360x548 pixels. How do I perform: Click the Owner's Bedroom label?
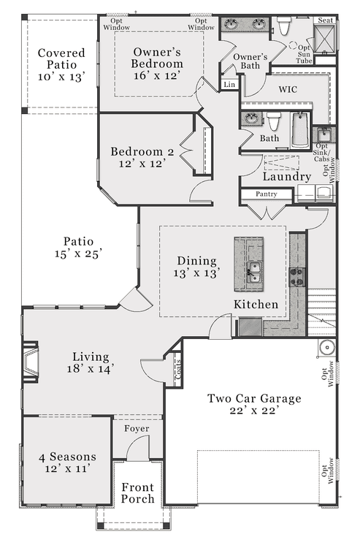click(x=157, y=64)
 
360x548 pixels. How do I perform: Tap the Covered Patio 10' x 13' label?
click(x=61, y=64)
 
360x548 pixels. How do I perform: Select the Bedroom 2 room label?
click(x=142, y=157)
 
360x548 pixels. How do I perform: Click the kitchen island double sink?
click(x=254, y=272)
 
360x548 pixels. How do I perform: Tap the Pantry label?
click(x=267, y=194)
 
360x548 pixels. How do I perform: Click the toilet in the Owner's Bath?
click(x=283, y=26)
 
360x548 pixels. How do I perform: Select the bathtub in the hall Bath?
click(x=300, y=129)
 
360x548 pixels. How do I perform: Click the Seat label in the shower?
click(x=326, y=20)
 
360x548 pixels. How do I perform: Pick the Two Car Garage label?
click(x=254, y=404)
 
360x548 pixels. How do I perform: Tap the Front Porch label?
click(x=137, y=492)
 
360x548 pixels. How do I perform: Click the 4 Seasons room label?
click(x=68, y=462)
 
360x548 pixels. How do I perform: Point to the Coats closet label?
click(x=178, y=370)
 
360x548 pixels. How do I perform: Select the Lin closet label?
click(x=229, y=85)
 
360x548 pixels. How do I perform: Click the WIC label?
click(x=288, y=89)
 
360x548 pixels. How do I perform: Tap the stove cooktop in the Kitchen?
click(x=297, y=277)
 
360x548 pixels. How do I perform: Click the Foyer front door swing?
click(x=137, y=449)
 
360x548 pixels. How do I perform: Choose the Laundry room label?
click(x=287, y=177)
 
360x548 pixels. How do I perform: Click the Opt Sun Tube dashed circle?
click(x=293, y=45)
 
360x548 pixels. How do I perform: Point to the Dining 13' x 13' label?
click(x=197, y=267)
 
